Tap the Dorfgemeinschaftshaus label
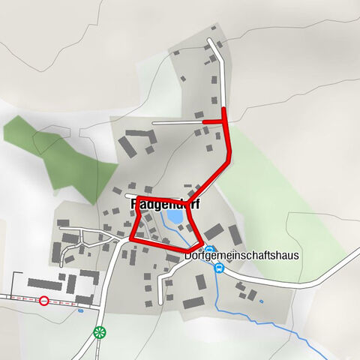coord(241,256)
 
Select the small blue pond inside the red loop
coord(174,217)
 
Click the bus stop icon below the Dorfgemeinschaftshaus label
coord(219,268)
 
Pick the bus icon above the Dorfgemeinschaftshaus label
coord(210,250)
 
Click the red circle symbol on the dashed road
coord(44,301)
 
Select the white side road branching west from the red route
coord(176,121)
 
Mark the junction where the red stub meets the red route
coord(224,119)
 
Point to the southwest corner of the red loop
coord(132,238)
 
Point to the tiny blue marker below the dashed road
coord(80,310)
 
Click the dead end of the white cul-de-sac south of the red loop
coord(160,302)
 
